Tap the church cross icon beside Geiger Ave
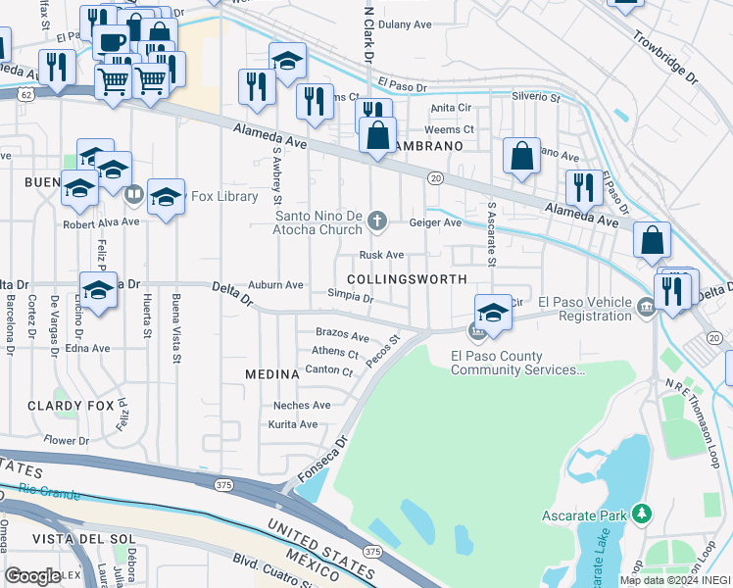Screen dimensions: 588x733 tap(376, 222)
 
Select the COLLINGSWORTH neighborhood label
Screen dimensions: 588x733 tap(406, 279)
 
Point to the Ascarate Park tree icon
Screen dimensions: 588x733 tap(642, 514)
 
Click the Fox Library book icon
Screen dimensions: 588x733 tap(134, 195)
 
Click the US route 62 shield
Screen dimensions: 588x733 tap(24, 94)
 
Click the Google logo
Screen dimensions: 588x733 tap(32, 576)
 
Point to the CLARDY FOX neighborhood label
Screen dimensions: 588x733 tap(66, 406)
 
